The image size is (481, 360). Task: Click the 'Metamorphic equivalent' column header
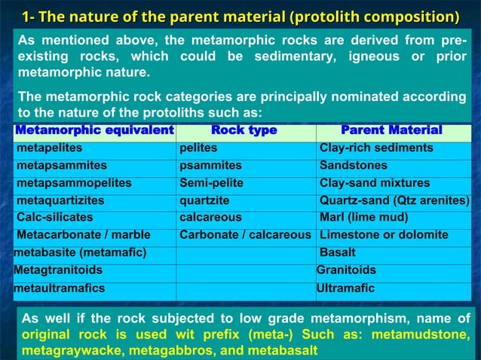[x=94, y=131]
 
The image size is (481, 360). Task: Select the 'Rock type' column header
[x=244, y=131]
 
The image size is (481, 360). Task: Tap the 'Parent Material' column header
[x=391, y=131]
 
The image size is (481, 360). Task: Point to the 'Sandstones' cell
[x=353, y=166]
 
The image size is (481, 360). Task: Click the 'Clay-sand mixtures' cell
[x=375, y=183]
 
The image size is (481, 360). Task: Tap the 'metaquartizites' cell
[x=60, y=201]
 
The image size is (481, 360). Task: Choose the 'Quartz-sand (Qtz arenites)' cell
[x=394, y=201]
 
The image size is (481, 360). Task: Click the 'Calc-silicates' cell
[x=54, y=218]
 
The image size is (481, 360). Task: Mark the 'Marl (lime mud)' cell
[x=363, y=218]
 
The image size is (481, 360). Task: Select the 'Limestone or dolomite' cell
[x=384, y=235]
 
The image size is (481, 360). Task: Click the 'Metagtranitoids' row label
[x=58, y=270]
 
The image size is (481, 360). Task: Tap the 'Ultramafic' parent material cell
[x=345, y=288]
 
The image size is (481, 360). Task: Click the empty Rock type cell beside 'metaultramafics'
[x=245, y=288]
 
